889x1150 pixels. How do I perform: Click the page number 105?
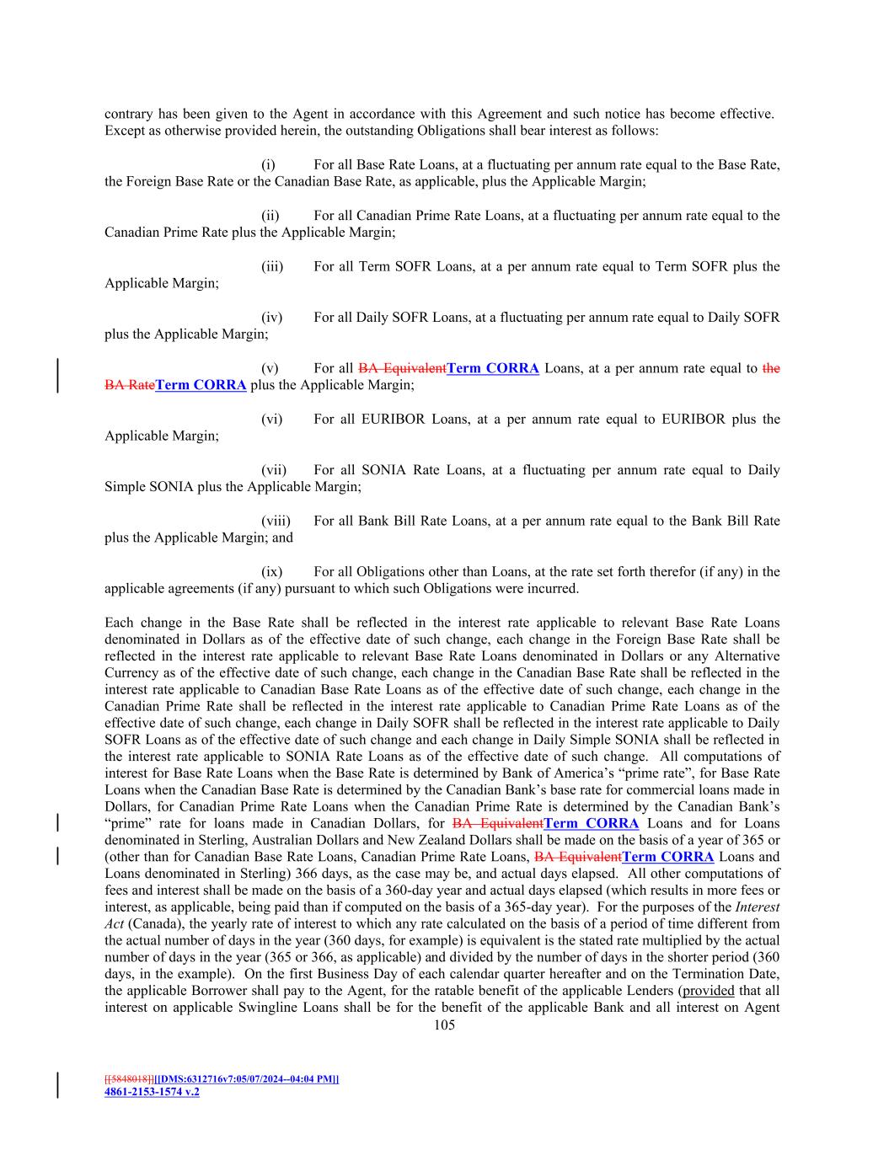444,1025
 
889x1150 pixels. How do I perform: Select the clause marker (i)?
269,165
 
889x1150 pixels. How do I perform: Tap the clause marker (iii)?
272,267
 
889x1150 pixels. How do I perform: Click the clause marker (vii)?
274,470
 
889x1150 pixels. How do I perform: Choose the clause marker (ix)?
271,572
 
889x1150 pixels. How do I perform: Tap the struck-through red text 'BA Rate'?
129,385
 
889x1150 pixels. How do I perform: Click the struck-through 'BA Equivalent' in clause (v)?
402,368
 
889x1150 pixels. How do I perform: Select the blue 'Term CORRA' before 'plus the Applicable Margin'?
201,385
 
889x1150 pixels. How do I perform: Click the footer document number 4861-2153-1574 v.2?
152,1091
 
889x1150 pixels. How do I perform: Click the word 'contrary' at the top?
129,114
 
